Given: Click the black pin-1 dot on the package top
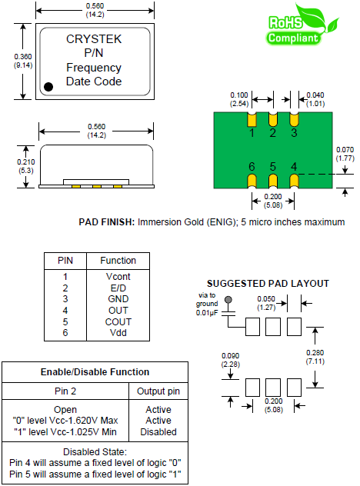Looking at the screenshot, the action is point(48,87).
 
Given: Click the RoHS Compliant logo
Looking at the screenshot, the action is point(302,25).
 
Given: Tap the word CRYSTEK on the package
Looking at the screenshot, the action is point(94,39).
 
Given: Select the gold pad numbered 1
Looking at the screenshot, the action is point(252,120).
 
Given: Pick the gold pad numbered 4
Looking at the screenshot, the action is point(294,181).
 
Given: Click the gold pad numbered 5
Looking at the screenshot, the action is point(273,181).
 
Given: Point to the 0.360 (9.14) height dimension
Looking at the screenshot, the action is point(23,61).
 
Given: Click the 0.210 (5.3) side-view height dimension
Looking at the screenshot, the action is point(25,166).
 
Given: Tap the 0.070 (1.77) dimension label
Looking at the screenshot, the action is point(345,154).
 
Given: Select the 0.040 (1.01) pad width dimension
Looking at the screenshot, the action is point(315,99).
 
